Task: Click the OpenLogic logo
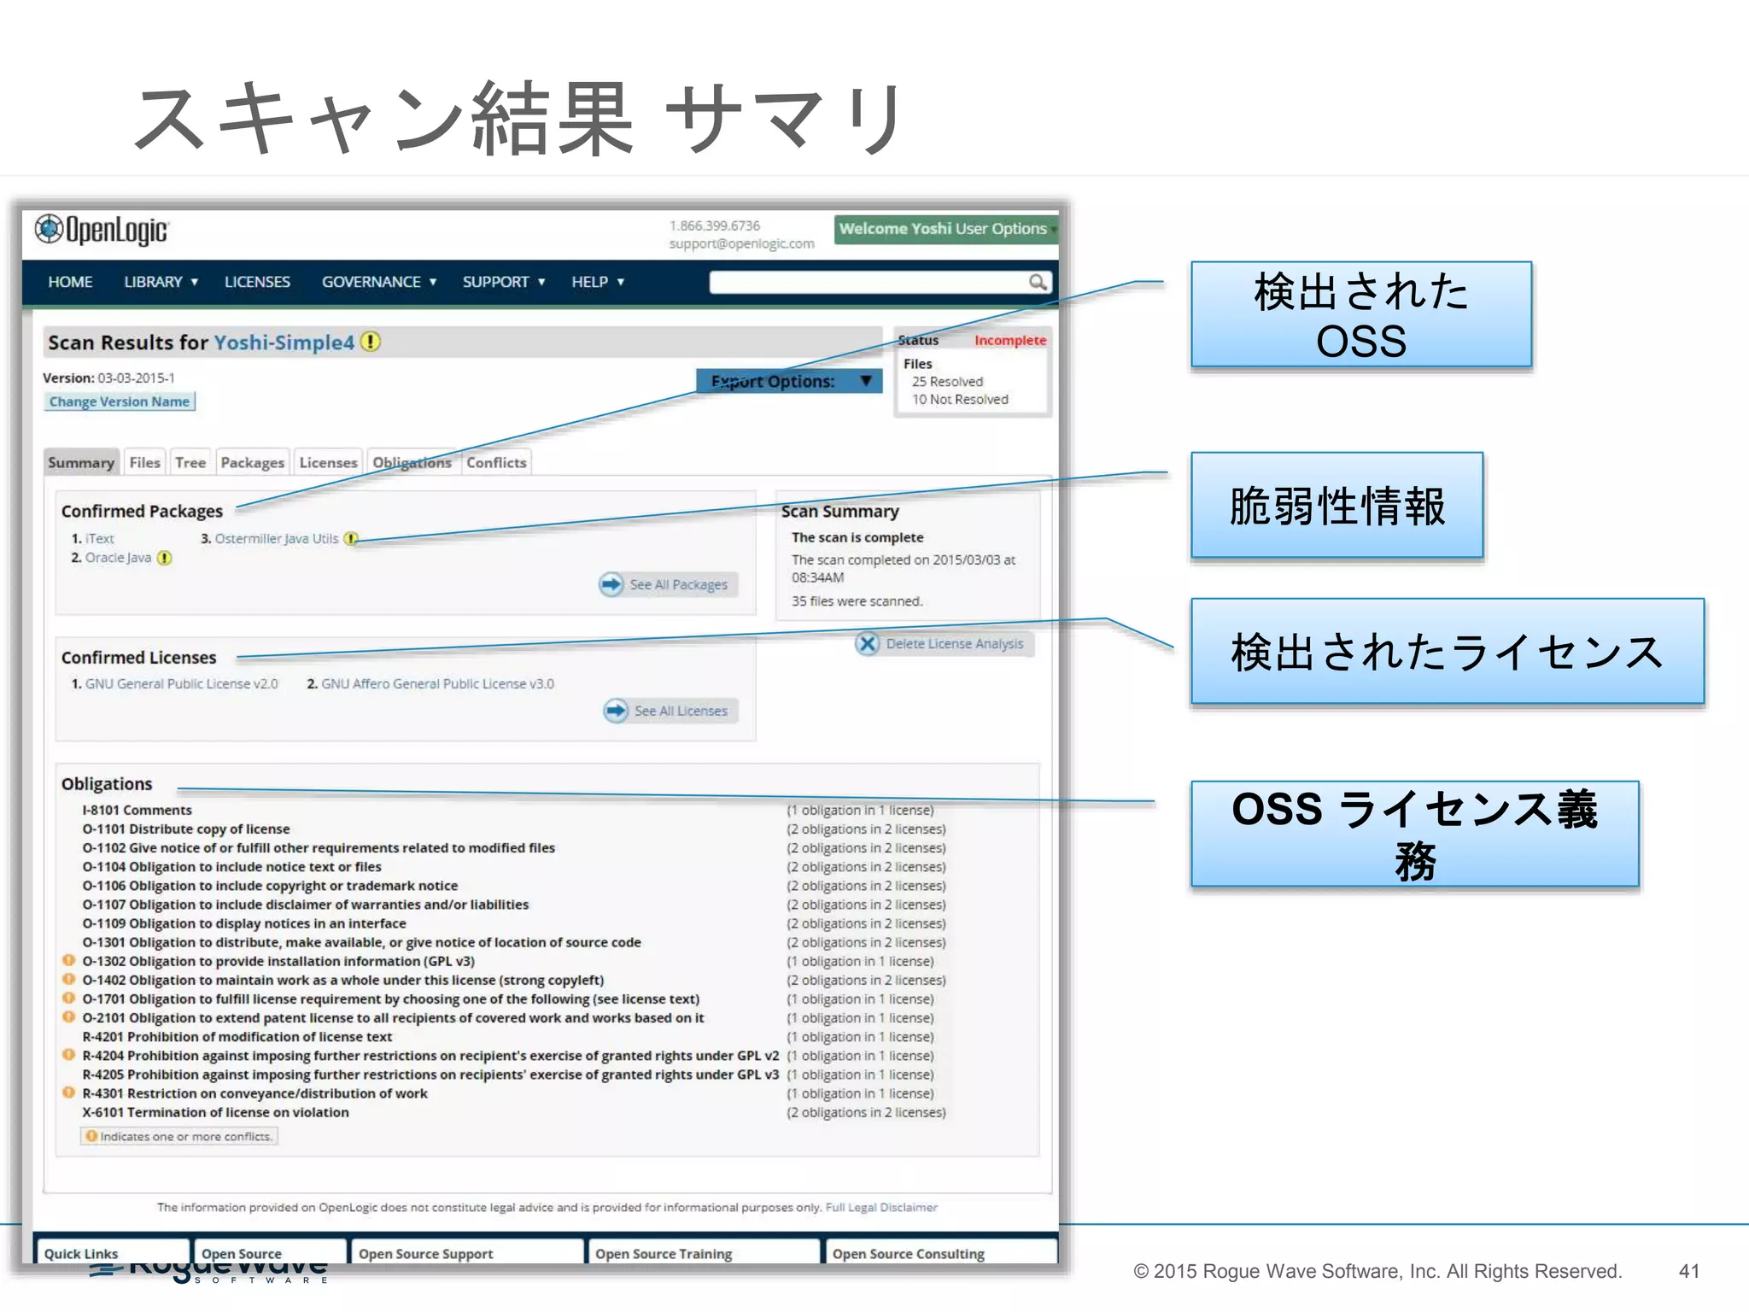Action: coord(102,230)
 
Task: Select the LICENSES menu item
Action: coord(257,282)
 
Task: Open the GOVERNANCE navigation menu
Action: coord(378,282)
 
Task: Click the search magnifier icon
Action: coord(1037,282)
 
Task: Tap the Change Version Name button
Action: coord(120,401)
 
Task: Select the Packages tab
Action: coord(252,462)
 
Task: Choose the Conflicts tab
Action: coord(496,462)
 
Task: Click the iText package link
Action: coord(100,538)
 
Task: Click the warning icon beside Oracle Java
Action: coord(165,558)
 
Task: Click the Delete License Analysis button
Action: coord(943,643)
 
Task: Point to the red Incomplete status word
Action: coord(1010,340)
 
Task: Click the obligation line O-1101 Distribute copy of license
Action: coord(186,829)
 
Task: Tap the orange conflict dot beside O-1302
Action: coord(69,960)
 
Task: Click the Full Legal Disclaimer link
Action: coord(881,1207)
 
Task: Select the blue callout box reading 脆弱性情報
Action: coord(1337,506)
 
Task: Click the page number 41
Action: coord(1688,1271)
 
